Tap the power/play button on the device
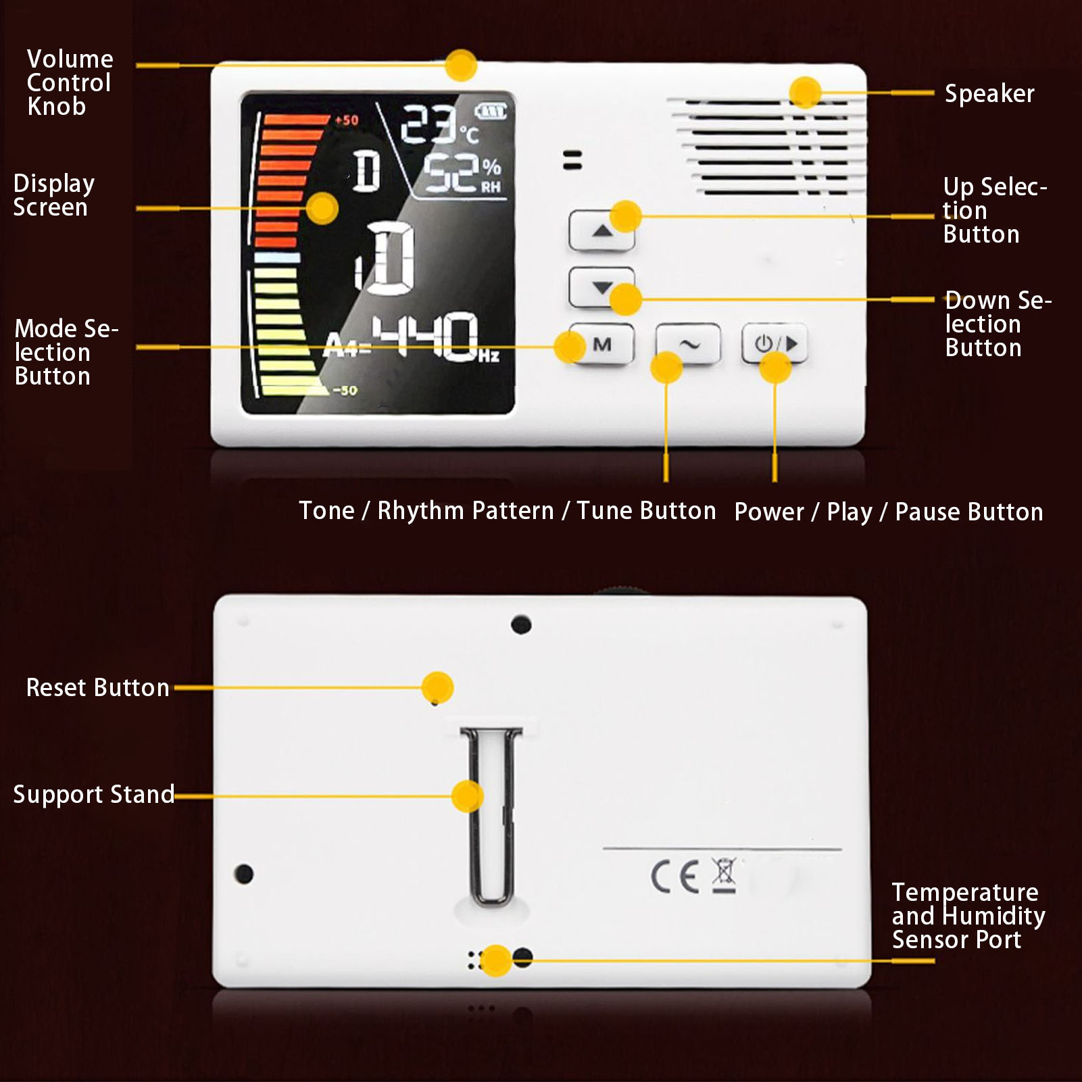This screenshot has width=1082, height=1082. coord(774,344)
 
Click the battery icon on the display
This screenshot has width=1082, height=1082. coord(491,111)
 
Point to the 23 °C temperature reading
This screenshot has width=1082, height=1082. coord(440,124)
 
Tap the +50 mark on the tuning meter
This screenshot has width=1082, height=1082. coord(347,120)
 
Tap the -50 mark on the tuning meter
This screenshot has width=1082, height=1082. coord(345,390)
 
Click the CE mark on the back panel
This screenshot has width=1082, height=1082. coord(674,877)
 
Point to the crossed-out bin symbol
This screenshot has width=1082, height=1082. coord(724,876)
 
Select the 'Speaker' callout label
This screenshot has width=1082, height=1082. coord(989,94)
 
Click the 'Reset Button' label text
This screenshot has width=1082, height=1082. coord(97,687)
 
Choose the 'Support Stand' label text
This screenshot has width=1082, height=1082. coord(94,795)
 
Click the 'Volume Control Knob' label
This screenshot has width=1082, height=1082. coord(70,82)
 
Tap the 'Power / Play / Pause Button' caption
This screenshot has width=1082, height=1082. coord(889,512)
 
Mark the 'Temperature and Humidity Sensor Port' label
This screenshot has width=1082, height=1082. coord(968,916)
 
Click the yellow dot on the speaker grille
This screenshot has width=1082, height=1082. coord(805,93)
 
